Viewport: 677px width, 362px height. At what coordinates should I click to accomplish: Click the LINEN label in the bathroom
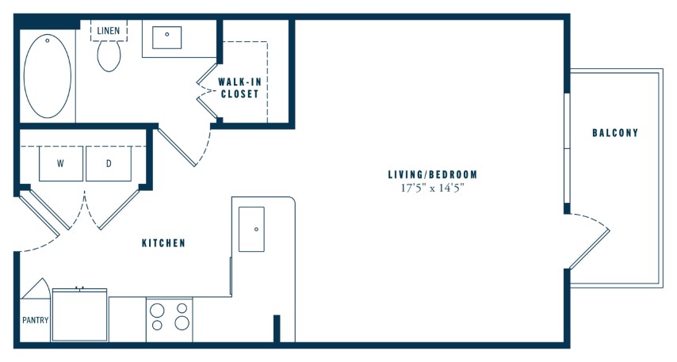point(109,31)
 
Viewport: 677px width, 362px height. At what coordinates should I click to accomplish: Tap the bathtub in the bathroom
point(48,76)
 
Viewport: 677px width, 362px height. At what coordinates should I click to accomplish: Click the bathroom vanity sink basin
point(166,37)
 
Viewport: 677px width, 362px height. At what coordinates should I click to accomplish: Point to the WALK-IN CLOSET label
point(239,88)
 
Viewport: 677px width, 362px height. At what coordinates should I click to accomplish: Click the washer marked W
point(61,163)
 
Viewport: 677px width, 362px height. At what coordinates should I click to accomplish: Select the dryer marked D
point(109,163)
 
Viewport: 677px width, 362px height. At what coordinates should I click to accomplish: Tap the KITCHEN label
point(163,243)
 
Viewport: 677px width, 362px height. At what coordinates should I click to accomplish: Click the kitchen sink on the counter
point(251,229)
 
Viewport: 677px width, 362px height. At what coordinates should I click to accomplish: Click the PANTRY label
point(36,320)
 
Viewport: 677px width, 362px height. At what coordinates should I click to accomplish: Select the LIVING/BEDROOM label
point(433,175)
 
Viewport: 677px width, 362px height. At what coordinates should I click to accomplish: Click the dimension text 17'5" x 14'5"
point(432,188)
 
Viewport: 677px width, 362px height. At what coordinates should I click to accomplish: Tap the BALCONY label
point(615,133)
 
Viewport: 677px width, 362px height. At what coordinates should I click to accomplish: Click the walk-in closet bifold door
point(207,90)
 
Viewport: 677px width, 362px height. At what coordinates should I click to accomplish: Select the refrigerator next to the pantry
point(80,315)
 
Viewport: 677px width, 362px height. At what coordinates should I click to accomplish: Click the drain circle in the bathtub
point(48,41)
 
